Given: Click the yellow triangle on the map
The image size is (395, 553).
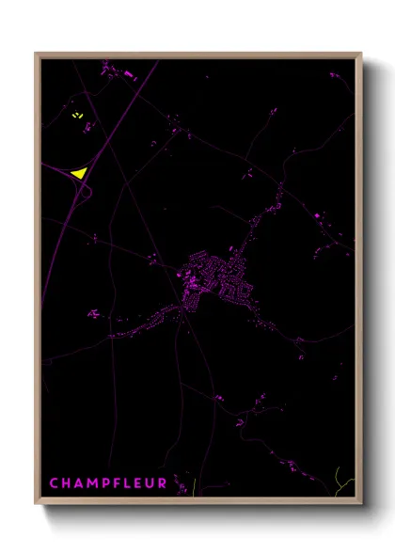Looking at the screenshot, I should click(x=78, y=172).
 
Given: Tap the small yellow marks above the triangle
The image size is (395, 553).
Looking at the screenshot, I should click(x=77, y=116).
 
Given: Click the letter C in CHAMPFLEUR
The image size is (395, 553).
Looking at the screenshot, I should click(x=55, y=483).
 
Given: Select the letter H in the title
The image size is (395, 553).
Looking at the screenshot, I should click(x=68, y=483).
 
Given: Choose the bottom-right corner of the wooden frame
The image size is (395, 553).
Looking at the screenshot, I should click(x=360, y=503).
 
